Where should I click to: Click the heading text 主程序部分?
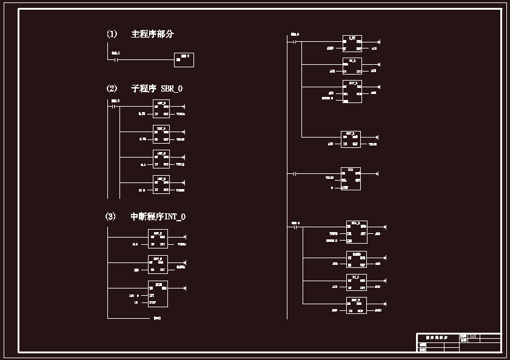click(152, 35)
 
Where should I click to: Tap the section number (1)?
click(112, 35)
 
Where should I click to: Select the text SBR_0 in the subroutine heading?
click(172, 89)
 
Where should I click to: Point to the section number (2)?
click(112, 89)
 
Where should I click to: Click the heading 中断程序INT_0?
click(158, 217)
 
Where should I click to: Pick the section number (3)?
click(110, 217)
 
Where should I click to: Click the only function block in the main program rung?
click(184, 59)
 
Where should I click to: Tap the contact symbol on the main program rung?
click(115, 59)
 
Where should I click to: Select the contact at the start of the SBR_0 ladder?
click(113, 106)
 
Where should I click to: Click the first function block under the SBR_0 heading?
click(161, 109)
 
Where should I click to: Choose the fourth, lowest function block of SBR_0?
click(161, 185)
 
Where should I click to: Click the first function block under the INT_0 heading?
click(158, 239)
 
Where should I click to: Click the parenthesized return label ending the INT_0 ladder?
click(157, 318)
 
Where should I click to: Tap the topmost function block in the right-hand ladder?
click(352, 43)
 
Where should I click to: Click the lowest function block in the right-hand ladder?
click(356, 305)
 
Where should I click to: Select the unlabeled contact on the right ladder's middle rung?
click(294, 174)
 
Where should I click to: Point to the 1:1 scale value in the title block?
click(473, 336)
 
